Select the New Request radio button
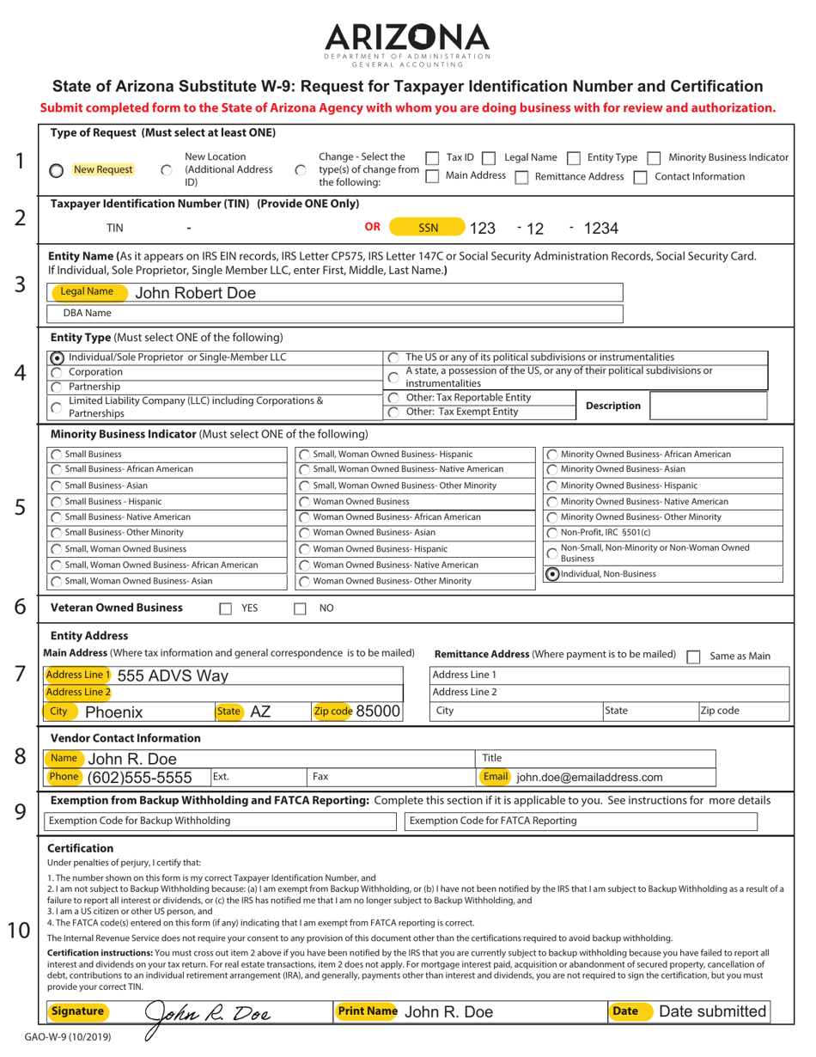tap(56, 170)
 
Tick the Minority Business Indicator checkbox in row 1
tap(653, 158)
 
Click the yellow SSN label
tap(428, 228)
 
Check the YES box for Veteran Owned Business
tap(226, 608)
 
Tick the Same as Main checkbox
tap(693, 656)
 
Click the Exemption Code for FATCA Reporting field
tap(581, 821)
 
